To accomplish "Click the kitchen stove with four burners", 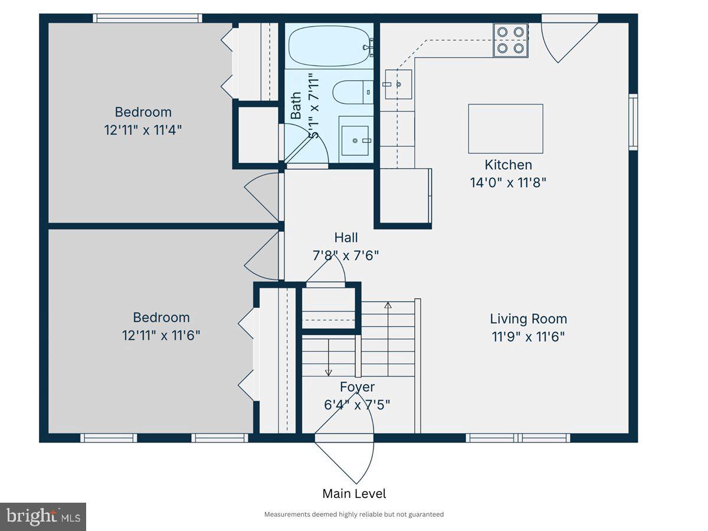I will (510, 40).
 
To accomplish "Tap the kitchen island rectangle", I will (506, 129).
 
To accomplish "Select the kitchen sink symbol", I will (398, 84).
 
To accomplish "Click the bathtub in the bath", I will (330, 45).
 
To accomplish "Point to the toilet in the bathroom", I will (352, 92).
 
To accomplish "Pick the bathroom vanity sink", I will (355, 140).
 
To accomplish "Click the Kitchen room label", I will (508, 165).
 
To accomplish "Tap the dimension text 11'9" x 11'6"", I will (528, 337).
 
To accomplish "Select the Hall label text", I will (346, 238).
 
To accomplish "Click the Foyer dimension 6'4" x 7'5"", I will (357, 405).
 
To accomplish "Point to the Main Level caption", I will (354, 494).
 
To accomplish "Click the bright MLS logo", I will (43, 517).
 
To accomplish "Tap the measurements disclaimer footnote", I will (354, 514).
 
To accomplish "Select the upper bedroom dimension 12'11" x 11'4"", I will (143, 130).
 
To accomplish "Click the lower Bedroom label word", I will (161, 317).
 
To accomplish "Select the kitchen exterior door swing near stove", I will (566, 38).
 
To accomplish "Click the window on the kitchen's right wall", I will (633, 122).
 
